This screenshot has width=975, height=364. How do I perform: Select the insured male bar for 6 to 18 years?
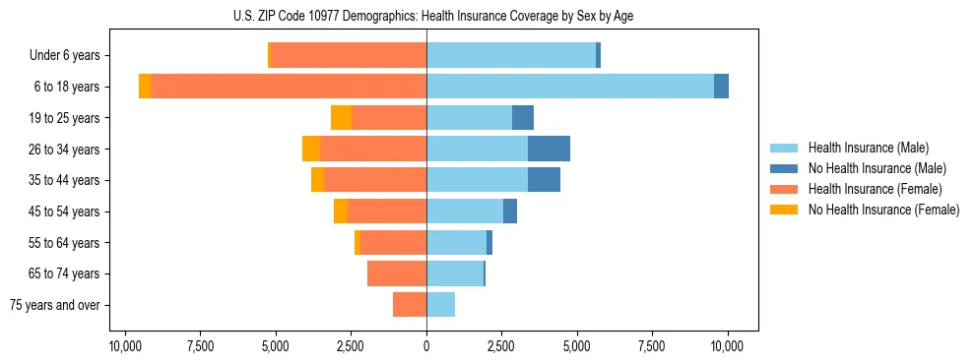570,87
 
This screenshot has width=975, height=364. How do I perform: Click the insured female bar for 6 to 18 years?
289,87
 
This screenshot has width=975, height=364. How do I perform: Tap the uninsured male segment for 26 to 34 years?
549,149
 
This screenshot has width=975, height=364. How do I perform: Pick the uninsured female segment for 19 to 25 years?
341,118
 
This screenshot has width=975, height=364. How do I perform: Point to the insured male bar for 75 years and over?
440,305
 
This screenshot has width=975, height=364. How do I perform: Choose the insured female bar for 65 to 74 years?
397,273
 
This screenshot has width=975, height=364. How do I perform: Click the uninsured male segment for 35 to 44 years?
544,180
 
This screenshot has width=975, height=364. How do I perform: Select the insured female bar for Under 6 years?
349,55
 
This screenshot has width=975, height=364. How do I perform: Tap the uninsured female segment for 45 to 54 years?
341,212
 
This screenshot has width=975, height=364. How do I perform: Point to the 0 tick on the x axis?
426,346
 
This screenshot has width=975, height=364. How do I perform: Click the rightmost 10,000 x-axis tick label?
728,346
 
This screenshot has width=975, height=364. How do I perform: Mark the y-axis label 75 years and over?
55,305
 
